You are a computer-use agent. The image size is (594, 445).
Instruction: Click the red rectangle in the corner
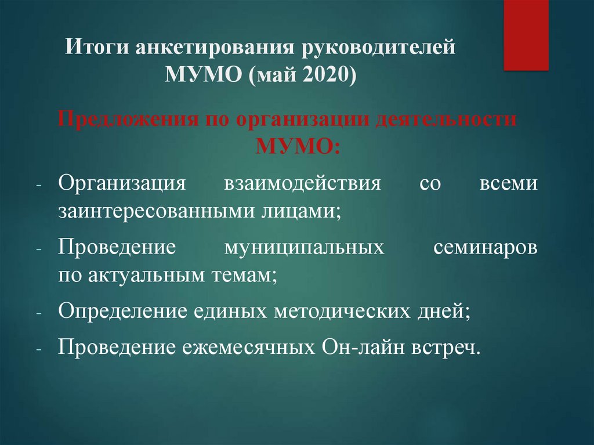point(525,35)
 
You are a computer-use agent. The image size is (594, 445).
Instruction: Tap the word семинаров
point(485,248)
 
